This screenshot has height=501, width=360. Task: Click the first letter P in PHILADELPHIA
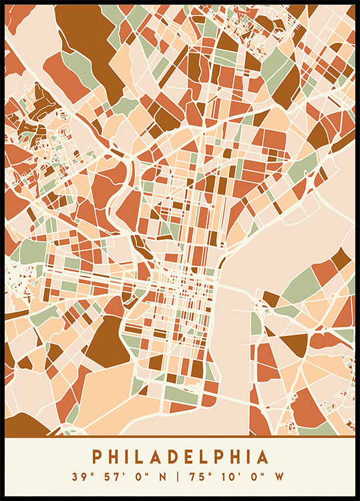coord(97,457)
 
